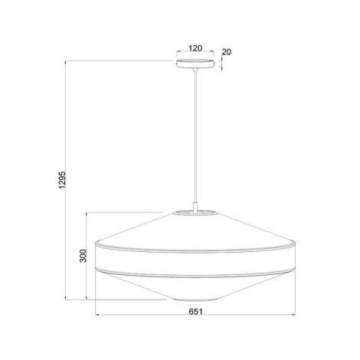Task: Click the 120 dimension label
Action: [x=195, y=47]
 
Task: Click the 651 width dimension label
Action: [x=197, y=323]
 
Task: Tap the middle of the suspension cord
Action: [x=196, y=138]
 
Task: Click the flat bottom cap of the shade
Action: [x=196, y=298]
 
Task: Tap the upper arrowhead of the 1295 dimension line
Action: [x=69, y=61]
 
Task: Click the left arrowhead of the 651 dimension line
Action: [x=97, y=315]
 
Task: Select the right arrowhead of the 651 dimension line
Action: [x=296, y=315]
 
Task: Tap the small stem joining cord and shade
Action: [x=196, y=205]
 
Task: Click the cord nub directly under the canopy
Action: [x=196, y=71]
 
